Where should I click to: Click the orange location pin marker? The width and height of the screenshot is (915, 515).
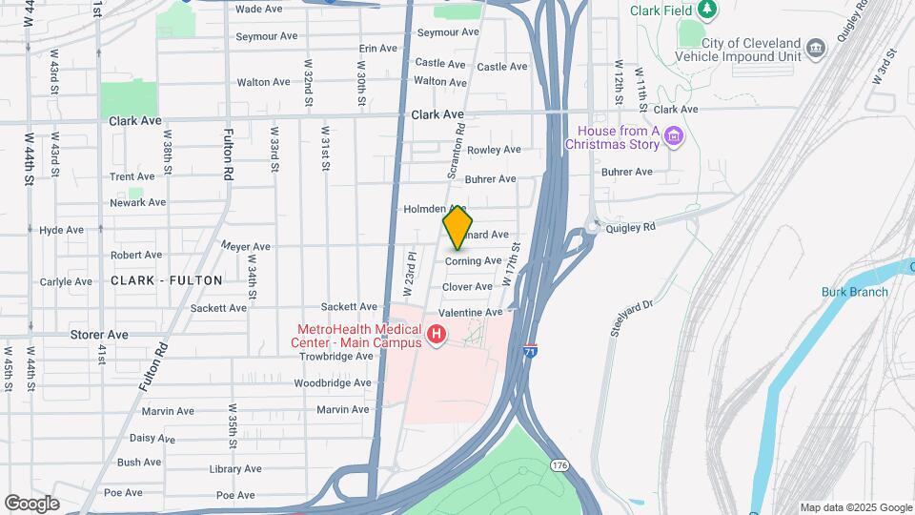[457, 227]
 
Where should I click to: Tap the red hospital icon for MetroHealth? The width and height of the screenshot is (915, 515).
[437, 335]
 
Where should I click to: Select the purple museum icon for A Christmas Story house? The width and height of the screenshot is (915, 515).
[675, 137]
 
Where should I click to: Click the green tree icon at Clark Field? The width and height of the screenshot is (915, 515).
[706, 10]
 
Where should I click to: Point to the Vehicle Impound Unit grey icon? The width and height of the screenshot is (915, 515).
[815, 48]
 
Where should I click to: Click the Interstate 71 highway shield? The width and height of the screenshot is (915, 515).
[531, 351]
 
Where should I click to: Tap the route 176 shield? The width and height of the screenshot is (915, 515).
[559, 463]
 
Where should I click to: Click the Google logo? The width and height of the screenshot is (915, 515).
[31, 503]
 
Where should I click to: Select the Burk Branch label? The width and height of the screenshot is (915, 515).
[855, 292]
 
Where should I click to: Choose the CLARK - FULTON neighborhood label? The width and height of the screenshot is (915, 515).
[167, 280]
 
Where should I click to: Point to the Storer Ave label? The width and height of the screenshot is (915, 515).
[99, 335]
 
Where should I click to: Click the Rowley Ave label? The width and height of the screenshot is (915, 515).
[493, 150]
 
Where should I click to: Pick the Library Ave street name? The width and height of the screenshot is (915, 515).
[235, 469]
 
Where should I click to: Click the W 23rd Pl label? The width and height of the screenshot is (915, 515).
[411, 271]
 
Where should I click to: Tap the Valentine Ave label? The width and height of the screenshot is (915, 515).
[470, 313]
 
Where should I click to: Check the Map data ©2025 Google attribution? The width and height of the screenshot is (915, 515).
[855, 507]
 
